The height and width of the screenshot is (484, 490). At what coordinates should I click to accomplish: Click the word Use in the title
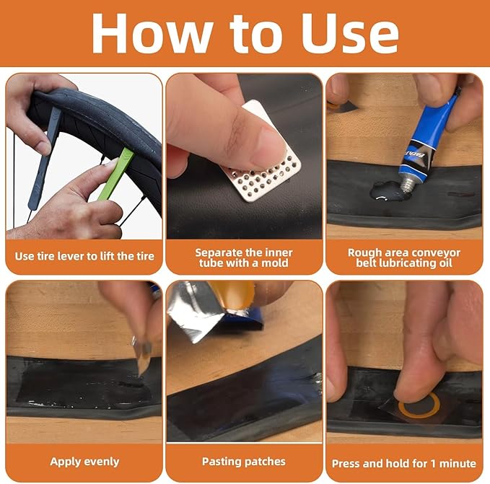(350, 34)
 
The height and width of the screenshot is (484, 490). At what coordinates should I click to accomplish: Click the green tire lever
(115, 174)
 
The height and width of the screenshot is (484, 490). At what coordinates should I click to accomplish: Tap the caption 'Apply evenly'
(84, 462)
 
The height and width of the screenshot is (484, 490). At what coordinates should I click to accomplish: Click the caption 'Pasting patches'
(244, 461)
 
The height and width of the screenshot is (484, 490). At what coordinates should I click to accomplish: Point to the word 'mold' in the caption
(275, 263)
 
